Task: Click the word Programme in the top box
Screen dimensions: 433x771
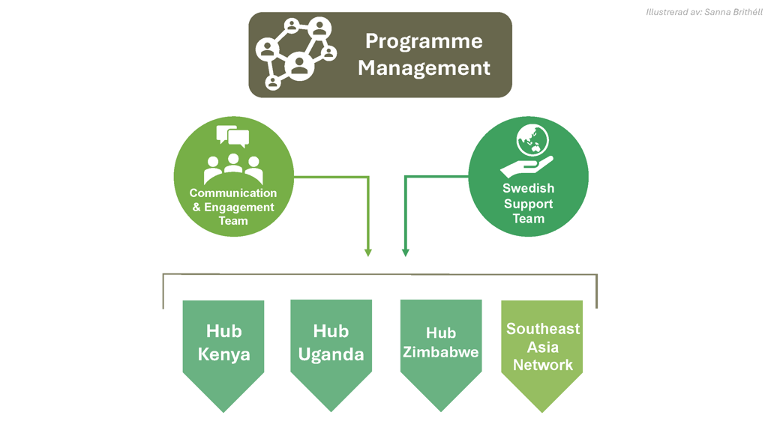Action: tap(424, 41)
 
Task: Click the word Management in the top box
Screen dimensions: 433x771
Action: tap(424, 68)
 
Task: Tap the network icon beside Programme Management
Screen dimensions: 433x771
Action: tap(295, 54)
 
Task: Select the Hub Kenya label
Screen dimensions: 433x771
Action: tap(223, 342)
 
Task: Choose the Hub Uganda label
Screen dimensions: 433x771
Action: tap(331, 342)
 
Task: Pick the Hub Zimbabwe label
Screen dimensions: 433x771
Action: tap(441, 342)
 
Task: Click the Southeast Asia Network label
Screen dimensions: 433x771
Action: tap(543, 347)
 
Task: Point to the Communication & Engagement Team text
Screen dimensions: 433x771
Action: tap(233, 207)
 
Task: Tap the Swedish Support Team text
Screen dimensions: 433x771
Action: tap(528, 204)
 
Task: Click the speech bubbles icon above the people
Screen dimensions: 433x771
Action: tap(232, 136)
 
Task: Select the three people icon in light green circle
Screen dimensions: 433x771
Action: tap(233, 169)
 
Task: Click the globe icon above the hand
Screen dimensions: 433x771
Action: tap(532, 140)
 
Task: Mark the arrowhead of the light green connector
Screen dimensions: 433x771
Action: tap(368, 253)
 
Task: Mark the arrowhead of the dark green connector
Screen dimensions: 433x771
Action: tap(406, 253)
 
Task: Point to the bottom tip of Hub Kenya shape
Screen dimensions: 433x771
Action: tap(223, 411)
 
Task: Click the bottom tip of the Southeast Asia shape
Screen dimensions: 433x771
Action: tap(542, 411)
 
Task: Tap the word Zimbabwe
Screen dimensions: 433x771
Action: tap(441, 352)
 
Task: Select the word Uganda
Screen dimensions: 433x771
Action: tap(331, 354)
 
